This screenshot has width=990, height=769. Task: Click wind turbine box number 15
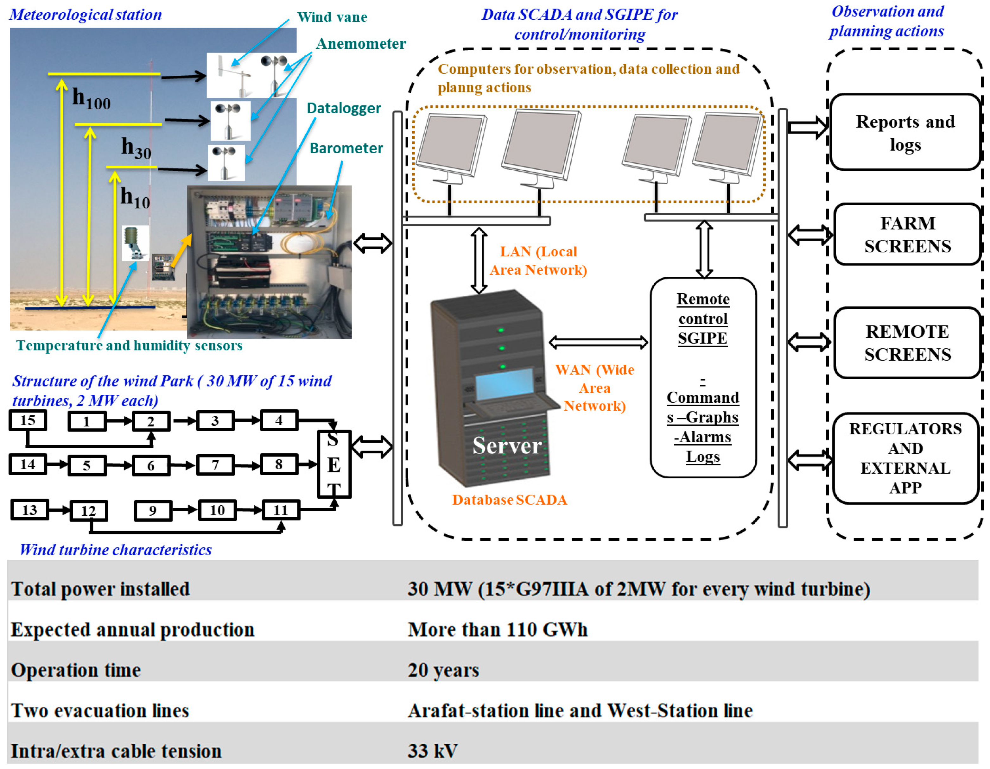pyautogui.click(x=28, y=420)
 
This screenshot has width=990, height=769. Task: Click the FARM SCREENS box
pyautogui.click(x=907, y=235)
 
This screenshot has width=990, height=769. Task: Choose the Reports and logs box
pyautogui.click(x=905, y=132)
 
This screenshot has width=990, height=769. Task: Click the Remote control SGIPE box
pyautogui.click(x=703, y=377)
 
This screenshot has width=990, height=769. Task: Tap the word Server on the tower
pyautogui.click(x=507, y=446)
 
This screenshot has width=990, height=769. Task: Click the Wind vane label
pyautogui.click(x=332, y=17)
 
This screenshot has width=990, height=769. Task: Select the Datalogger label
pyautogui.click(x=344, y=108)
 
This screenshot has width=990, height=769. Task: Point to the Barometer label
pyautogui.click(x=346, y=148)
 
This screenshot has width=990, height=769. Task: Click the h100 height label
pyautogui.click(x=92, y=98)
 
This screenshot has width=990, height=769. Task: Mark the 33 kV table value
pyautogui.click(x=432, y=751)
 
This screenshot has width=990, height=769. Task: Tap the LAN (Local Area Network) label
pyautogui.click(x=538, y=261)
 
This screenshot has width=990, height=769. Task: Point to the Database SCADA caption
pyautogui.click(x=510, y=500)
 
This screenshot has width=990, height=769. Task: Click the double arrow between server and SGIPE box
pyautogui.click(x=598, y=343)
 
